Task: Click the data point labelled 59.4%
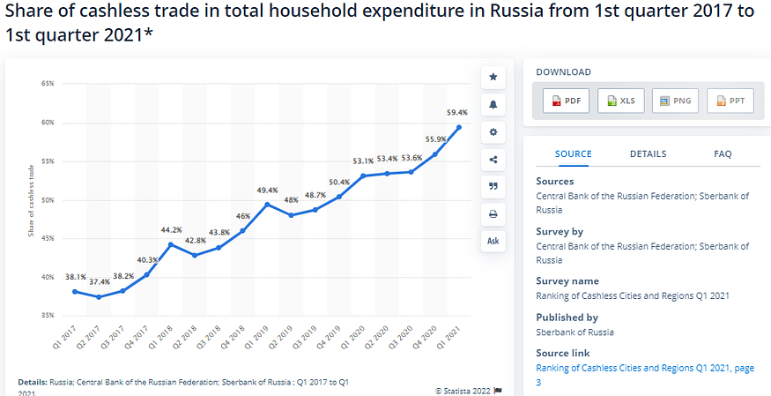[459, 127]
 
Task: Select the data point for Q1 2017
[75, 291]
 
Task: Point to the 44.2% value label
[171, 230]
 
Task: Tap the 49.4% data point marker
[267, 205]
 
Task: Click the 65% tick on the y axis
[48, 84]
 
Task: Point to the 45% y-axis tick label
[48, 238]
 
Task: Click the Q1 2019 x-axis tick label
[261, 338]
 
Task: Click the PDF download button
[565, 101]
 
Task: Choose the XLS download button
[621, 101]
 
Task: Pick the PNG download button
[676, 101]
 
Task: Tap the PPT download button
[730, 101]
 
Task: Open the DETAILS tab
[648, 153]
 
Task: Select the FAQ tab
[723, 153]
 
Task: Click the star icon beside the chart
[493, 78]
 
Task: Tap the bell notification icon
[493, 105]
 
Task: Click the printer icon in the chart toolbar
[493, 213]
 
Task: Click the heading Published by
[567, 317]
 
